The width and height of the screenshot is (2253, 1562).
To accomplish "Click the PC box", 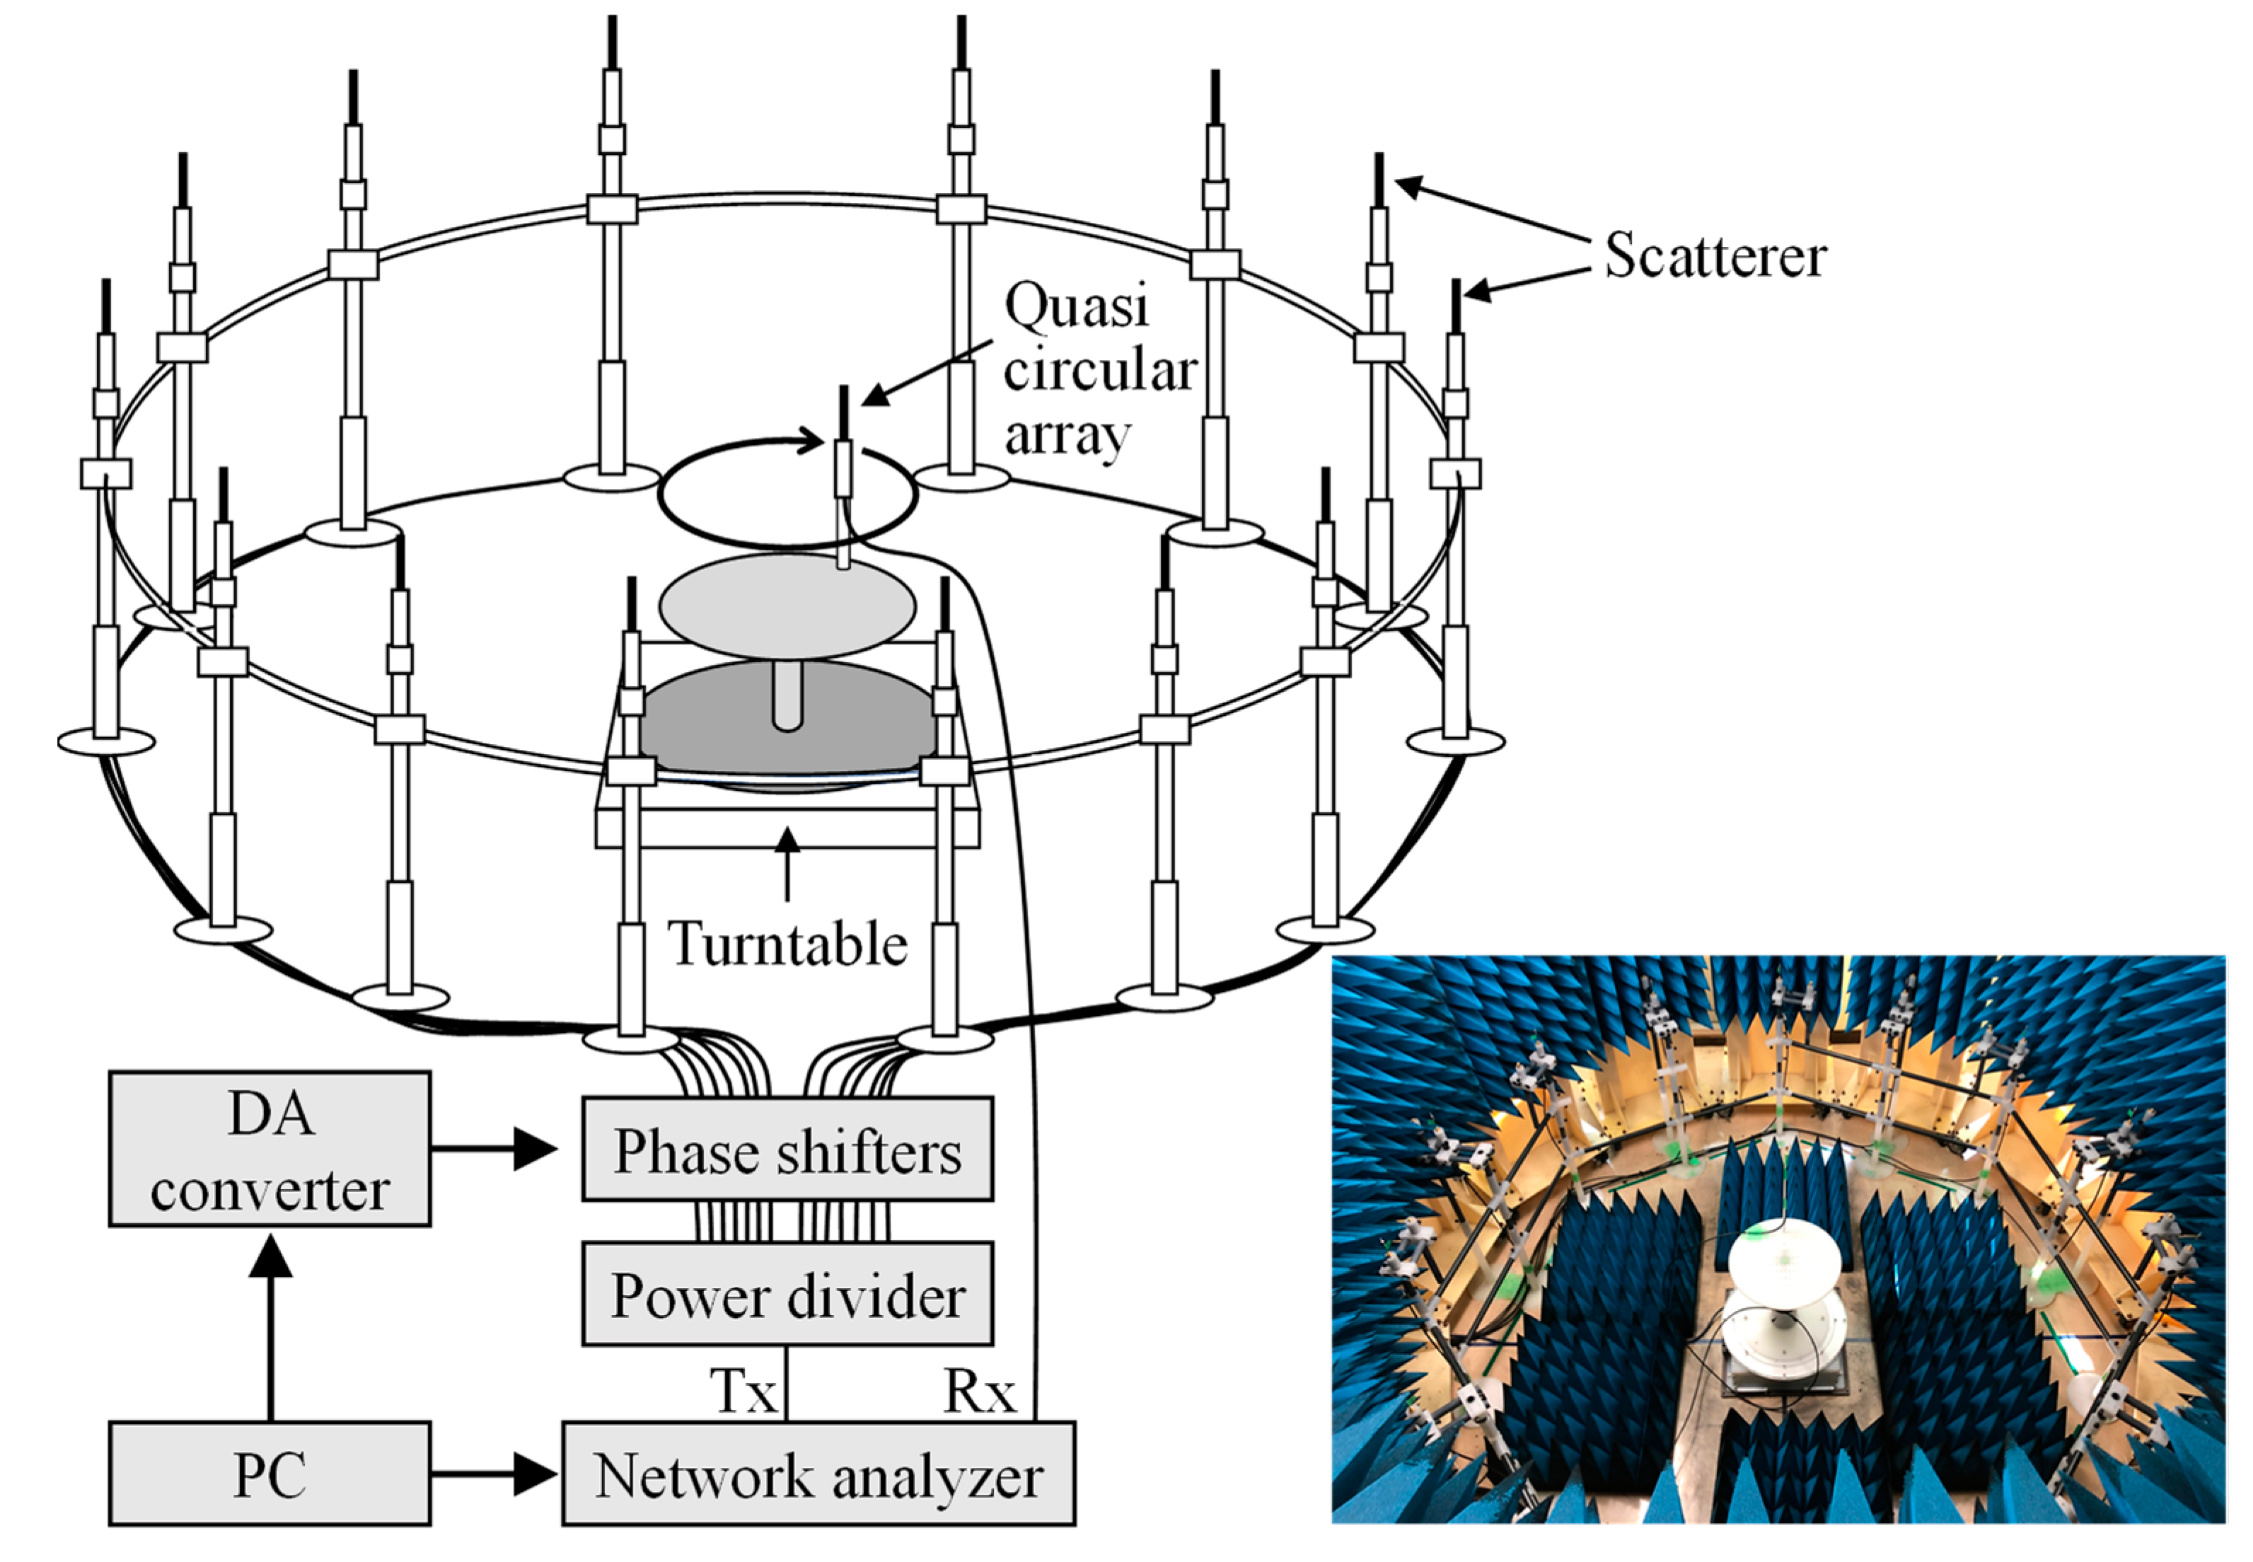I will point(269,1474).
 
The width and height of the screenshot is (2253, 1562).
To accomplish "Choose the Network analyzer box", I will point(818,1474).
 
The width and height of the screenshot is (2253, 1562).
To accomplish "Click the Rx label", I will point(979,1390).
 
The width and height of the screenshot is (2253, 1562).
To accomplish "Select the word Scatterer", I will point(1715,256).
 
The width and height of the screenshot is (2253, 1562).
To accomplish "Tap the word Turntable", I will point(788,944).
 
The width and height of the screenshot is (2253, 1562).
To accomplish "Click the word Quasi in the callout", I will point(1077,306).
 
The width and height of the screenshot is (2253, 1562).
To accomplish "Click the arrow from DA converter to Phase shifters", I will point(494,1149).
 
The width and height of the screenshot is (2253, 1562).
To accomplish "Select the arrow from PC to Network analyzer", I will point(494,1474).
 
